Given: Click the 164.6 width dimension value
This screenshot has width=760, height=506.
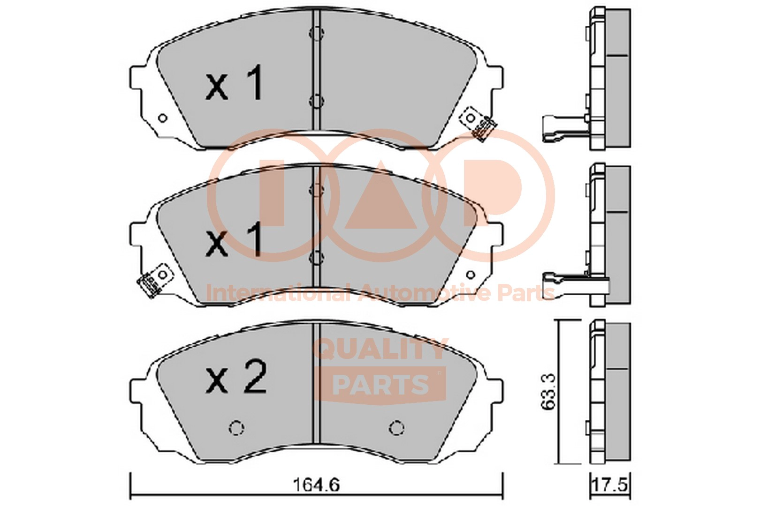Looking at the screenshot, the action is pos(316,485).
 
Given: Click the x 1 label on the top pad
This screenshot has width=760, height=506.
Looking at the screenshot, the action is pos(234,82).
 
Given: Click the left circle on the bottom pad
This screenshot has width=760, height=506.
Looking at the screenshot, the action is pos(236,428).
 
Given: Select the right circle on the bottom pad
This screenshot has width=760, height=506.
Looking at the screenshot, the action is pos(396,428).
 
